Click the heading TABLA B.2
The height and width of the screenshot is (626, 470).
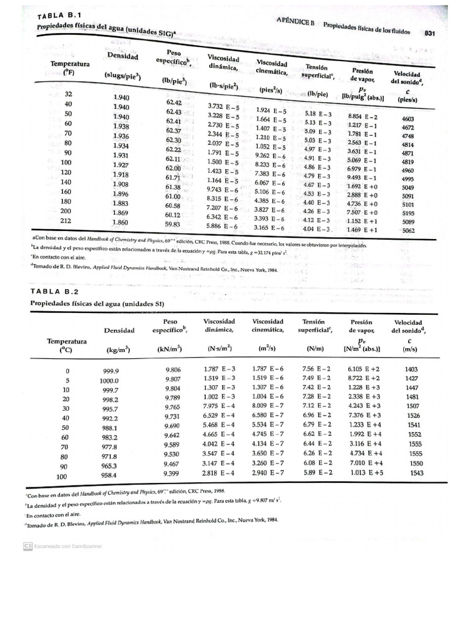coord(54,292)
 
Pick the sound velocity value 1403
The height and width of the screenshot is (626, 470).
coord(411,369)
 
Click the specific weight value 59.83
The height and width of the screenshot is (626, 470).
coord(173,224)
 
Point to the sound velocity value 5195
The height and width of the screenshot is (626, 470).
coord(408,212)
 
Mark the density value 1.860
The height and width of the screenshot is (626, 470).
coord(121,223)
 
